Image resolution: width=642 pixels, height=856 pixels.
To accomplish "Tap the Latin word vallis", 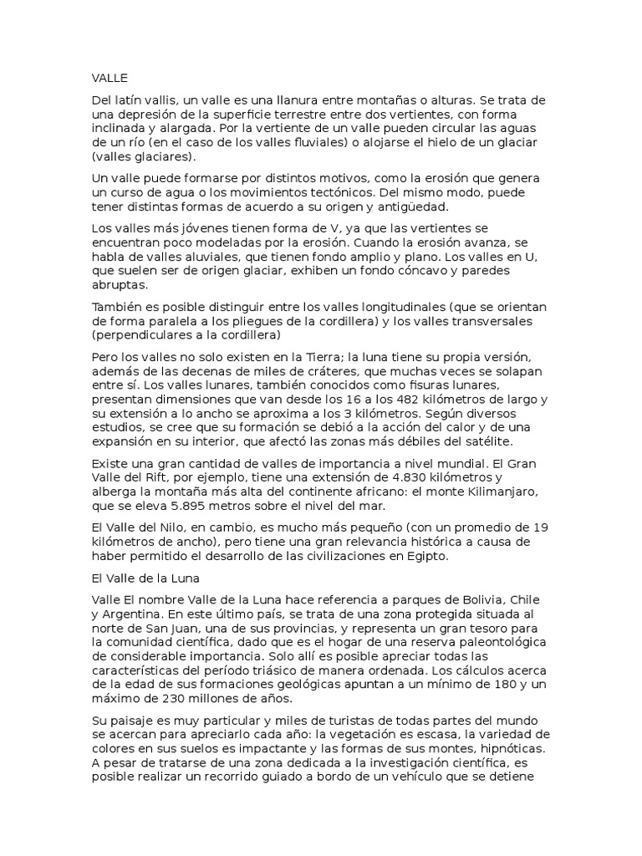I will pos(157,100).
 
